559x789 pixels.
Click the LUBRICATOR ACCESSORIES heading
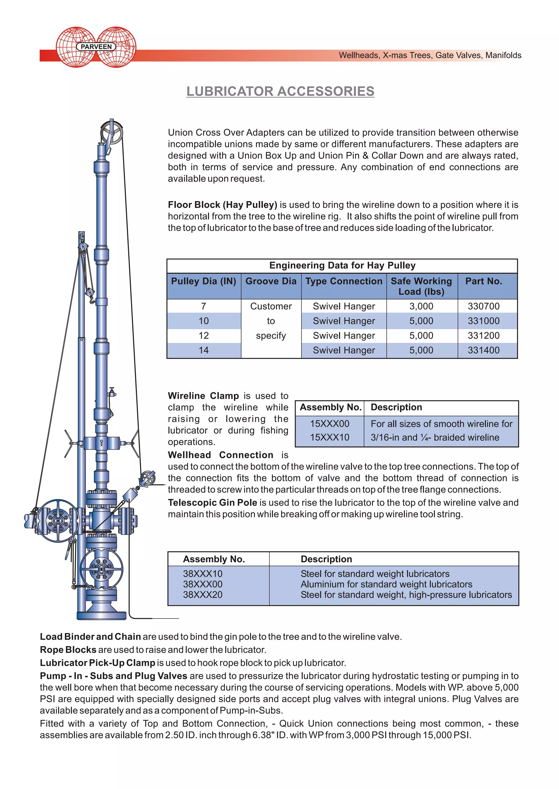280,91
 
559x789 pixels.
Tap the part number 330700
483,306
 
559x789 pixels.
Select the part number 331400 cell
483,350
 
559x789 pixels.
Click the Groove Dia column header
271,281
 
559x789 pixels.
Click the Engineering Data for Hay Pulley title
342,266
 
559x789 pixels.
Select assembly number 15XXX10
329,437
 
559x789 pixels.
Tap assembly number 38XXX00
203,584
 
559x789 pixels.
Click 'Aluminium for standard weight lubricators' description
386,584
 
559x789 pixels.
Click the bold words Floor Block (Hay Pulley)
222,205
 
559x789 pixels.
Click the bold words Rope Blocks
68,650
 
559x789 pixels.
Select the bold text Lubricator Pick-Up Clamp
97,663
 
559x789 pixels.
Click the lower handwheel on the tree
101,569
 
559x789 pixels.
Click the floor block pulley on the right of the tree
148,478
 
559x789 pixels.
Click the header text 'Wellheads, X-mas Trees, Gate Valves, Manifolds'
430,55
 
